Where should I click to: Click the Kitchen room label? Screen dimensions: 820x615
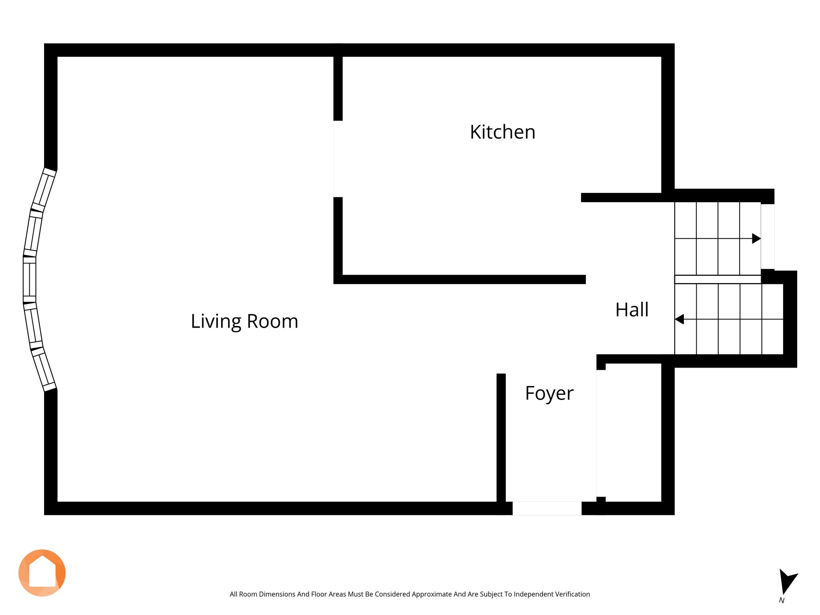(x=502, y=132)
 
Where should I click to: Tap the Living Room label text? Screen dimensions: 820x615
(x=245, y=322)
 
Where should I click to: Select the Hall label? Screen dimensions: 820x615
(x=632, y=310)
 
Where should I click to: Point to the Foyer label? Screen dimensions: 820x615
(x=549, y=394)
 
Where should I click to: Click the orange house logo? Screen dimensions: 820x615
(x=42, y=573)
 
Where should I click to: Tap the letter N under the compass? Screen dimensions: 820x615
(x=782, y=601)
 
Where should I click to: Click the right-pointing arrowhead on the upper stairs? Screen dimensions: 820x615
(x=756, y=239)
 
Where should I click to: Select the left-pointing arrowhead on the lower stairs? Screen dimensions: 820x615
(x=679, y=319)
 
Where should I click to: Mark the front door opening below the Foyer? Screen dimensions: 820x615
(x=547, y=508)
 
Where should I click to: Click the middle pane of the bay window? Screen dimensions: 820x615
(x=30, y=279)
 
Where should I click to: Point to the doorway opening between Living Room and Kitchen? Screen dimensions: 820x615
(x=338, y=159)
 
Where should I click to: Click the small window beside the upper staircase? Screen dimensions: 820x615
(x=768, y=237)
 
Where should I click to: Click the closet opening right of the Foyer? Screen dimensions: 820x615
(x=601, y=433)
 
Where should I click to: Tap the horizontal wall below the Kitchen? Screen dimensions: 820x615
(x=460, y=279)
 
